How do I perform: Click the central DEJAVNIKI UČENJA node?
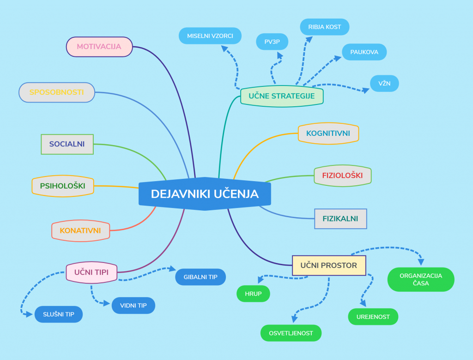pyautogui.click(x=205, y=194)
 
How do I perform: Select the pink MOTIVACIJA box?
pyautogui.click(x=99, y=47)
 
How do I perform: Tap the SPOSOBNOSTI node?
pyautogui.click(x=57, y=92)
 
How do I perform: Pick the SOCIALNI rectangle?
pyautogui.click(x=67, y=144)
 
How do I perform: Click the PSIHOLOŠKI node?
pyautogui.click(x=62, y=186)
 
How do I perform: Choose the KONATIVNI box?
pyautogui.click(x=80, y=230)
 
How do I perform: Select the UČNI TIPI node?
pyautogui.click(x=91, y=272)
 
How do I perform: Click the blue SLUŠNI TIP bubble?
pyautogui.click(x=59, y=315)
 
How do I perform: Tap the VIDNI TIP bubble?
pyautogui.click(x=133, y=305)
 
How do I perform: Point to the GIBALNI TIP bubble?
pyautogui.click(x=200, y=277)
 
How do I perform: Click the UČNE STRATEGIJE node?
pyautogui.click(x=282, y=96)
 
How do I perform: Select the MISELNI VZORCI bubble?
pyautogui.click(x=210, y=36)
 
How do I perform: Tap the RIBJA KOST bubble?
pyautogui.click(x=325, y=27)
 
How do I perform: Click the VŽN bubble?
pyautogui.click(x=384, y=84)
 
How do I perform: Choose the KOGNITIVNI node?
pyautogui.click(x=328, y=134)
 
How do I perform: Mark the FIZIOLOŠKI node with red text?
pyautogui.click(x=342, y=176)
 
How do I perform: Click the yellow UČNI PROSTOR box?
pyautogui.click(x=329, y=265)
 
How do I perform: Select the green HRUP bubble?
pyautogui.click(x=253, y=293)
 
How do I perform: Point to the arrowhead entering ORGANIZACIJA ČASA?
pyautogui.click(x=421, y=262)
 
